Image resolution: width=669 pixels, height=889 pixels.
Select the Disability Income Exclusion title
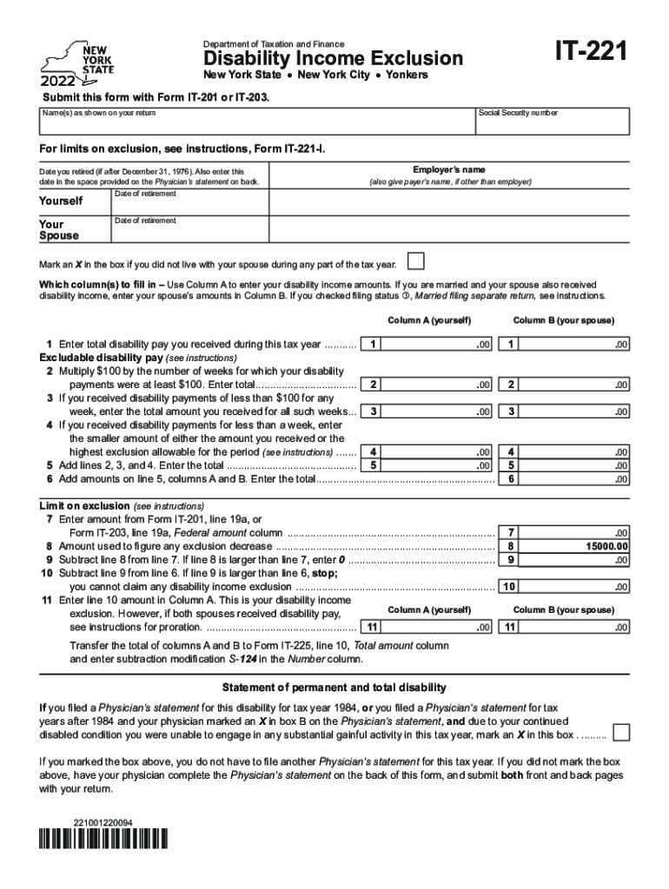click(x=334, y=59)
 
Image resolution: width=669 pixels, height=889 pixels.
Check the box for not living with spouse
click(x=416, y=262)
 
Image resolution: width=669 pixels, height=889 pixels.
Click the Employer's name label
click(x=449, y=170)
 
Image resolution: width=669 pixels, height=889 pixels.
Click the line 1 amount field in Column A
click(x=439, y=345)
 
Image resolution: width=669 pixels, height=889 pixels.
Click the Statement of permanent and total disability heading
click(x=334, y=688)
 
